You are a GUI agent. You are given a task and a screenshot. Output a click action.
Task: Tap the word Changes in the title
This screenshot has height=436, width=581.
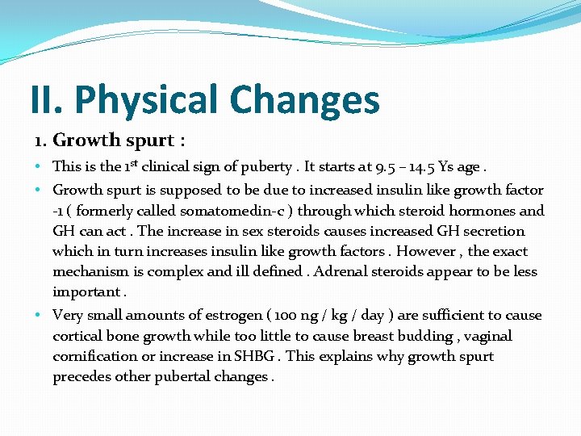(304, 100)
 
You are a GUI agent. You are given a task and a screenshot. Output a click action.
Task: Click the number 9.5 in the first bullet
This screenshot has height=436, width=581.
(385, 167)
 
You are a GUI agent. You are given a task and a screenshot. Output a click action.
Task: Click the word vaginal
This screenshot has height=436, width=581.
(485, 336)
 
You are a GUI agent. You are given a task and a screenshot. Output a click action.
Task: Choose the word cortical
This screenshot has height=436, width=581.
(77, 336)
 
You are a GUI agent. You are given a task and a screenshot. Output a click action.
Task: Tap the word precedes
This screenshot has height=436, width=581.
(80, 376)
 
